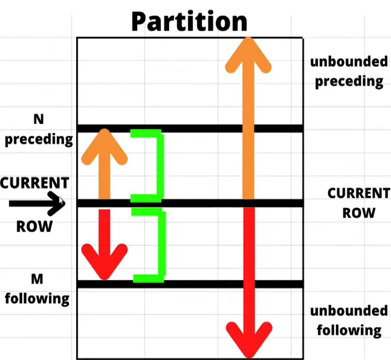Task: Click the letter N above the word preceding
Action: click(39, 119)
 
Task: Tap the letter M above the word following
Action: click(38, 278)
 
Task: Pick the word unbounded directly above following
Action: click(348, 311)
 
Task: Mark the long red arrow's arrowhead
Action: click(248, 339)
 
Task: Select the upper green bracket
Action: click(153, 165)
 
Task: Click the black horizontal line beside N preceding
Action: click(190, 129)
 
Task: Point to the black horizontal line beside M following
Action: click(190, 284)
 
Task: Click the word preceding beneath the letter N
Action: click(39, 139)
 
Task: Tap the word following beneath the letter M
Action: click(38, 298)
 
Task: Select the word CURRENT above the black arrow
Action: click(35, 183)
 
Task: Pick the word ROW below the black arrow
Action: click(34, 226)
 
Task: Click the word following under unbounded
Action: click(348, 330)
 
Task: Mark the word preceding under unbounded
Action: click(348, 81)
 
